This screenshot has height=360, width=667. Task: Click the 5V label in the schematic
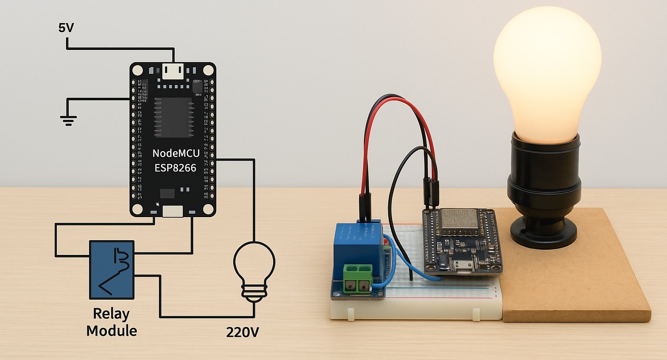[66, 28]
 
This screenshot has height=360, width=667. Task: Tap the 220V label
[242, 332]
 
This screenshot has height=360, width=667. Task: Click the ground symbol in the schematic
[69, 119]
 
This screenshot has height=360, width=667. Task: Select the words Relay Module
[112, 322]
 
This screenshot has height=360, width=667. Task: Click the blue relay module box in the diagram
[112, 270]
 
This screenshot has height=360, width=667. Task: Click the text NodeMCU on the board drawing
[176, 153]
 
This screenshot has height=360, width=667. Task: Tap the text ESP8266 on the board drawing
[175, 168]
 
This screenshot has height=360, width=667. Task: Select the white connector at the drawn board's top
[173, 71]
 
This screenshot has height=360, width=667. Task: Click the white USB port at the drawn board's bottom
[172, 211]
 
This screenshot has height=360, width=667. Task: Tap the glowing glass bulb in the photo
[547, 69]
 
